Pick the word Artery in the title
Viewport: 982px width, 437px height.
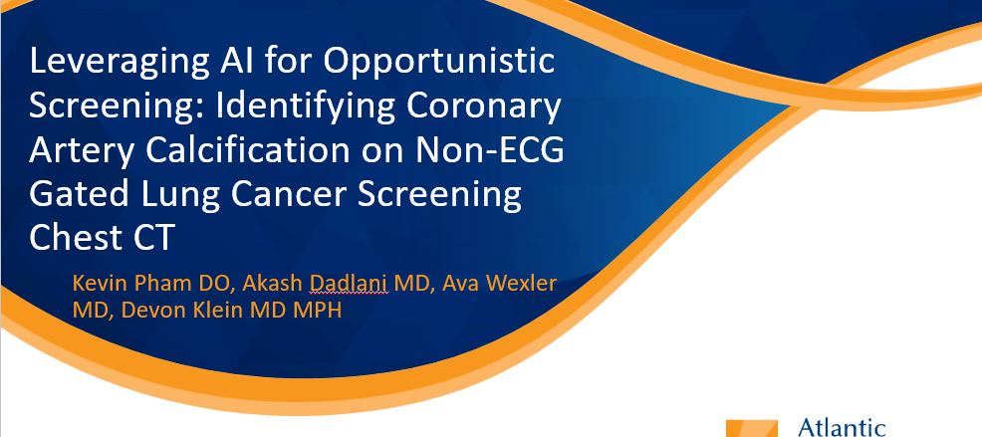pyautogui.click(x=80, y=153)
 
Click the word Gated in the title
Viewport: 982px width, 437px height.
pyautogui.click(x=69, y=195)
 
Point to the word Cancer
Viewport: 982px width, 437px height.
pyautogui.click(x=278, y=195)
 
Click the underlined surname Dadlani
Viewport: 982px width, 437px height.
pyautogui.click(x=350, y=284)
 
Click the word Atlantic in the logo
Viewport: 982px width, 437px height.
pyautogui.click(x=842, y=429)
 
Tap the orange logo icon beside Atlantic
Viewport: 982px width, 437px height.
pyautogui.click(x=752, y=428)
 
